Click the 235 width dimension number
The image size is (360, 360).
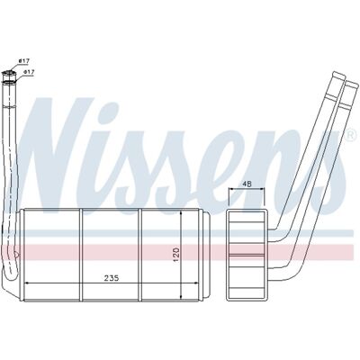[112, 278]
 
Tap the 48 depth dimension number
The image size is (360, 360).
[247, 184]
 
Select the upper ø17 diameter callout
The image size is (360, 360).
[24, 61]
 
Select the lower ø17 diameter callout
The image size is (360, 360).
[29, 72]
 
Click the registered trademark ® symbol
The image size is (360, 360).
[350, 135]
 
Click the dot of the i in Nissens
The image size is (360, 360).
[110, 110]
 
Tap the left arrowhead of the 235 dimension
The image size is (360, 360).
[26, 283]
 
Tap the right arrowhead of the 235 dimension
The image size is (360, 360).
[196, 283]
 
